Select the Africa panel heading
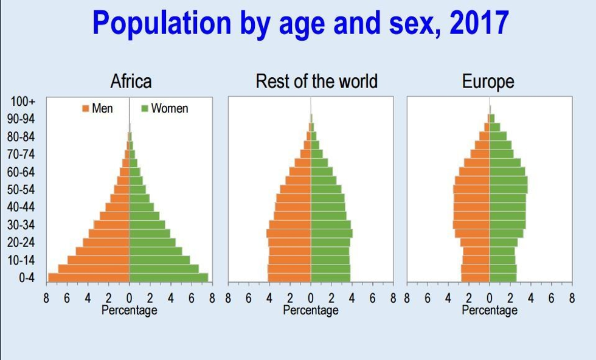(x=131, y=81)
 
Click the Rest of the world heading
(x=316, y=81)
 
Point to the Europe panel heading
(x=488, y=81)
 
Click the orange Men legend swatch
(x=86, y=109)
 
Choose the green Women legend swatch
(x=145, y=109)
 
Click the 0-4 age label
(x=26, y=278)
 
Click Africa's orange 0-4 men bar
(x=89, y=278)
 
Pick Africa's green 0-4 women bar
(x=168, y=278)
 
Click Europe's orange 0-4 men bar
(x=476, y=278)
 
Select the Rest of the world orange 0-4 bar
(x=289, y=278)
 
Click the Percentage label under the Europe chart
(x=490, y=310)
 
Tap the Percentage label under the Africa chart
(x=129, y=310)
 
